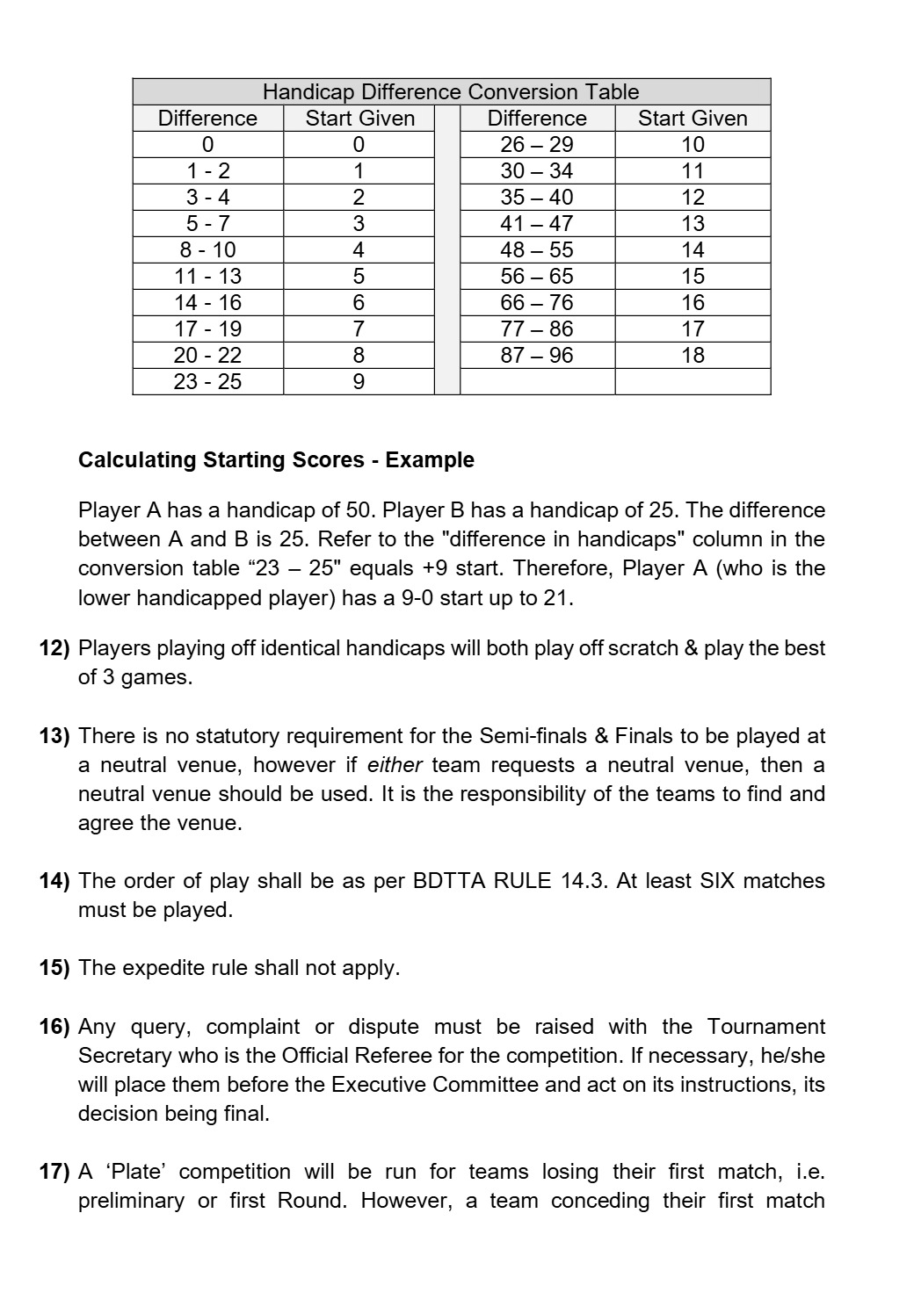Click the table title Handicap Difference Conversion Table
pos(451,92)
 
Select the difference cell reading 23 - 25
pos(207,382)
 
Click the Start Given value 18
pos(693,356)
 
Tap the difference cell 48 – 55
pos(536,250)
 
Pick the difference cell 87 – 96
pos(536,356)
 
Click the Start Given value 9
pos(358,382)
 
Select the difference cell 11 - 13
pos(207,277)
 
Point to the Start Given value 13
pos(693,224)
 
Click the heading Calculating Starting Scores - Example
pos(276,460)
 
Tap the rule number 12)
pos(54,649)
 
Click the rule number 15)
pos(54,968)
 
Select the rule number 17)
pos(54,1172)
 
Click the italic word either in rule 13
pos(395,765)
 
